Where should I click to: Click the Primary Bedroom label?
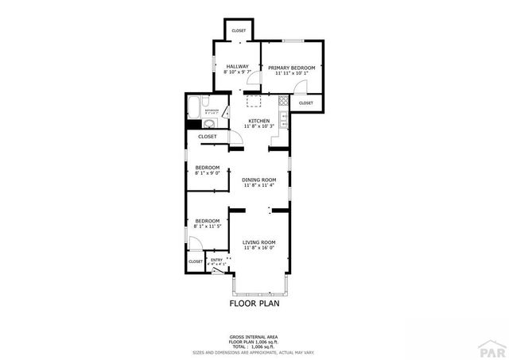pos(291,68)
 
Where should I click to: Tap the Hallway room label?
pos(237,67)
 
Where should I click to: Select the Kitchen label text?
pos(259,121)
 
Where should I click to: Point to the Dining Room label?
pos(259,180)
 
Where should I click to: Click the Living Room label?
pos(259,242)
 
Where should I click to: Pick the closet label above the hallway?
pos(239,31)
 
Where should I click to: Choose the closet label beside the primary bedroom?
pos(305,103)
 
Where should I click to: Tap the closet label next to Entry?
pos(196,261)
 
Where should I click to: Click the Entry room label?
pos(216,260)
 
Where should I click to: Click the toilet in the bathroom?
pos(205,103)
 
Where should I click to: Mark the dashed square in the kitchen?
pos(253,100)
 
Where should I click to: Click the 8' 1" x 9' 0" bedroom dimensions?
pos(207,172)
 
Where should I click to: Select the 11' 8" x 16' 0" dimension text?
pos(259,247)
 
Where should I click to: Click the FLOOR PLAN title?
pos(254,303)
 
